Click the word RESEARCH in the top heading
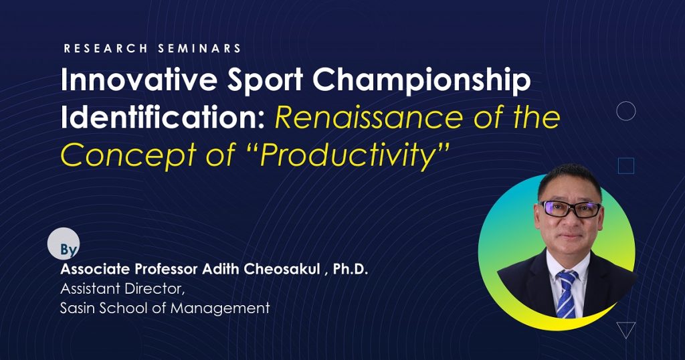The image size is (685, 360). point(105,48)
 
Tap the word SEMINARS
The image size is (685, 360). point(199,48)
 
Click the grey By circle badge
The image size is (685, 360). point(64,244)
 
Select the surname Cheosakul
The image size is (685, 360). point(282,269)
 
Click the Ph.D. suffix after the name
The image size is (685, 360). point(351,269)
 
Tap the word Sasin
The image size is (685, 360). point(78,308)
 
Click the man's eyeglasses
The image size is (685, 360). point(570,209)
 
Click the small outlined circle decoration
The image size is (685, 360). point(625,111)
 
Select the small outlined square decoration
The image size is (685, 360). point(626,166)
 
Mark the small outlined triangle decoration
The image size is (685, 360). point(625,330)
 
